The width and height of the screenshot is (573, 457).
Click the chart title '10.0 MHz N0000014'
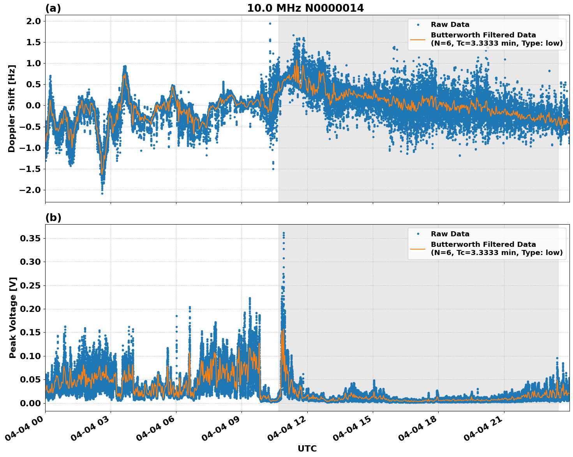pyautogui.click(x=305, y=8)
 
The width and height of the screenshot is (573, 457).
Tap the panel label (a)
pyautogui.click(x=53, y=8)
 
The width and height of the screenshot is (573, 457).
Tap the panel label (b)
pyautogui.click(x=53, y=218)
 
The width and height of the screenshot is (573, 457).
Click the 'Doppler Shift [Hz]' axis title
pyautogui.click(x=12, y=108)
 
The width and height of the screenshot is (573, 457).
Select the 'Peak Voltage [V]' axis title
pyautogui.click(x=13, y=318)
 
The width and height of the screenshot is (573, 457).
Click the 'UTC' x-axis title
pyautogui.click(x=307, y=448)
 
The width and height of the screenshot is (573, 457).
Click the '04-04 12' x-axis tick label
pyautogui.click(x=289, y=429)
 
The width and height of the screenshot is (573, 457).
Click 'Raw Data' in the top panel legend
pyautogui.click(x=450, y=25)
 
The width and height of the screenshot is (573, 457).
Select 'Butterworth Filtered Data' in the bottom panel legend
pyautogui.click(x=483, y=244)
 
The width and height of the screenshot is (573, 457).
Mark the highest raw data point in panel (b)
pyautogui.click(x=284, y=233)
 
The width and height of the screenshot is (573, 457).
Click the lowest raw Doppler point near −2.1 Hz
pyautogui.click(x=102, y=193)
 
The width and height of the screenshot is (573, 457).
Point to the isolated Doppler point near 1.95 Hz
pyautogui.click(x=270, y=23)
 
